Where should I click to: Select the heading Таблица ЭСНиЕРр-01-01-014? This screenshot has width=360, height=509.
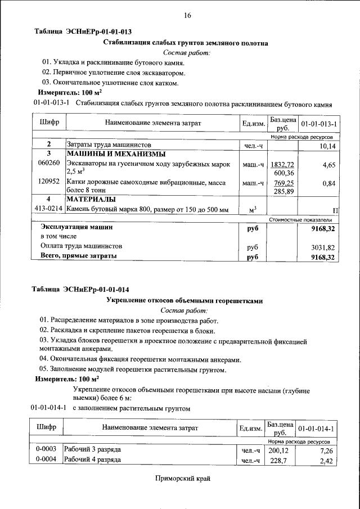coord(80,290)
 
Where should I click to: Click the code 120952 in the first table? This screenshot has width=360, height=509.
coord(48,183)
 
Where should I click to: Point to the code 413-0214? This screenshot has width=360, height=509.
coord(48,210)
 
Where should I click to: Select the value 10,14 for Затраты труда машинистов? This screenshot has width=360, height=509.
coord(327,146)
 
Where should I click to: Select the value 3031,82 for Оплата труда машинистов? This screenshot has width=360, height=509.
coord(323,247)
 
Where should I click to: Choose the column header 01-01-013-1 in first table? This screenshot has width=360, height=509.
coord(318,123)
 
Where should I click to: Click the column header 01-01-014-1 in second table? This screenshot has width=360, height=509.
coord(316,429)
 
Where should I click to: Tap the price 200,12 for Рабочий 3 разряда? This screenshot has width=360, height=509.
coord(278,451)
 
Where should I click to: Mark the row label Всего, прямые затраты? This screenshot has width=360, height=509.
coord(79,256)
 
